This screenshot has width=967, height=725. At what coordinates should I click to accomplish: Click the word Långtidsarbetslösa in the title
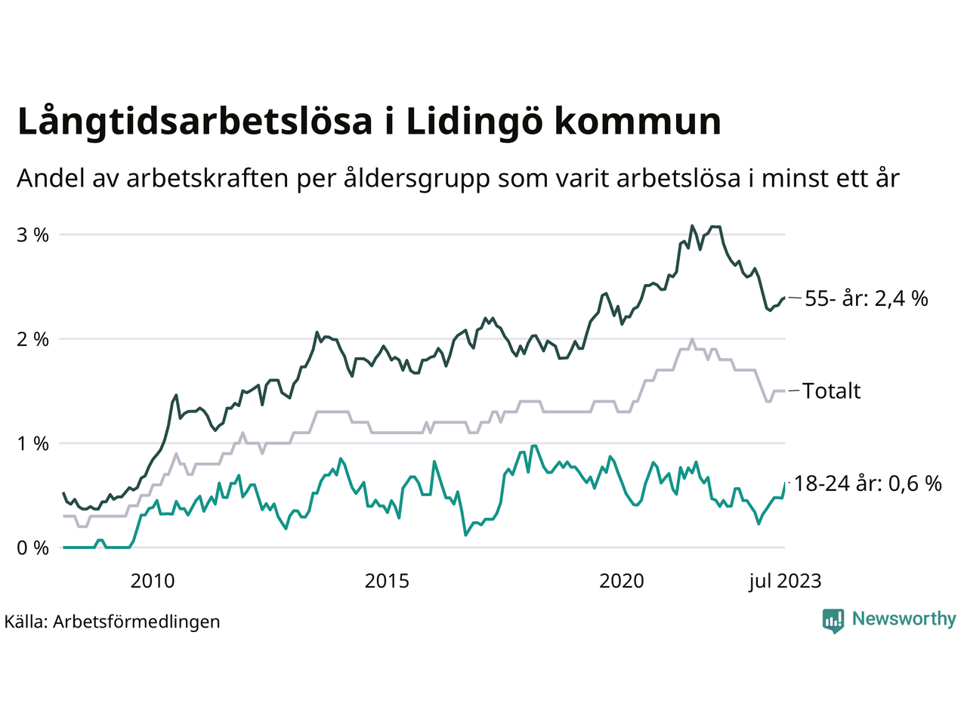(195, 122)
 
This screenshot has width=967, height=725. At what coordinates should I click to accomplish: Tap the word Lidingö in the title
(474, 122)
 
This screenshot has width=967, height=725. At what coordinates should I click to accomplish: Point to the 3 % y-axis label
(32, 235)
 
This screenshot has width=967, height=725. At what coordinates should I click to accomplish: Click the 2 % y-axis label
(32, 339)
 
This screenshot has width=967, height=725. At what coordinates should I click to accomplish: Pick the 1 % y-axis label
(32, 443)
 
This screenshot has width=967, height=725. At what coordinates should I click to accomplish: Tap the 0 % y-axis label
(32, 548)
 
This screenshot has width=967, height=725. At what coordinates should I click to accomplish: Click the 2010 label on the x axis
(152, 581)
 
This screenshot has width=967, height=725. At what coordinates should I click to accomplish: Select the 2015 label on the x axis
(387, 581)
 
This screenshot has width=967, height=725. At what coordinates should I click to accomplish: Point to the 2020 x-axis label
(622, 581)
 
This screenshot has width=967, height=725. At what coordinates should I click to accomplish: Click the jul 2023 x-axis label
(785, 581)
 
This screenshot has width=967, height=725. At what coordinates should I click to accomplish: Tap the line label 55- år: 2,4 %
(866, 299)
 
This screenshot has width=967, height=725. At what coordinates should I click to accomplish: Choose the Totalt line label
(831, 391)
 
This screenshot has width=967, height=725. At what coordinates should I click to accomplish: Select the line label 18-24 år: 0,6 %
(868, 483)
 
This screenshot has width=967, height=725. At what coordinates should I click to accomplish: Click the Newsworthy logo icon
(833, 621)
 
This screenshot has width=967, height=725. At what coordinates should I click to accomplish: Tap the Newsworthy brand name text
(904, 619)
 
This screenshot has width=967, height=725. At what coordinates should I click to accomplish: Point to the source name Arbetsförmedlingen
(137, 622)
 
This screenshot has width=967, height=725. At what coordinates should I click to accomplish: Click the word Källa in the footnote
(26, 622)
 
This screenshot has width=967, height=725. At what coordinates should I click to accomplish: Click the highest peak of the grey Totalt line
(691, 339)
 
